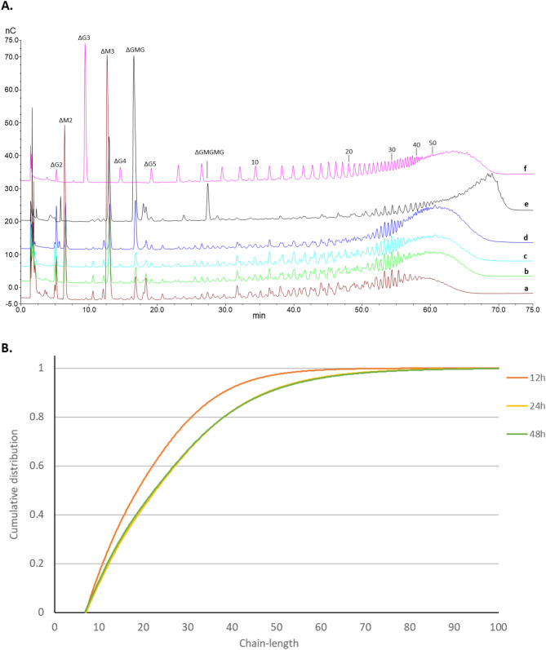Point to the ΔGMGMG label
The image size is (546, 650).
208,153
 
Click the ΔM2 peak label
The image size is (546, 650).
65,120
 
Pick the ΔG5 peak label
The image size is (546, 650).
150,164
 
